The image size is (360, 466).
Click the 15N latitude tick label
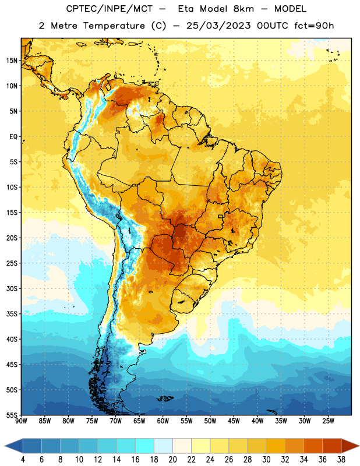pos(12,61)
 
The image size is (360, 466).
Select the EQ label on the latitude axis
pos(13,137)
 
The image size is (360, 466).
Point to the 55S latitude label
pos(12,415)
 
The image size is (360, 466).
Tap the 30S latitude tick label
pos(12,288)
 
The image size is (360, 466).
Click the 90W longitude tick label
pos(22,421)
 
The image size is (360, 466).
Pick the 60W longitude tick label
pos(163,421)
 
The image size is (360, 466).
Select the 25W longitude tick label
pos(328,421)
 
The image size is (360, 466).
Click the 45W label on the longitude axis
pos(234,421)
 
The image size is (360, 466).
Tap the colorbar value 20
pos(172,460)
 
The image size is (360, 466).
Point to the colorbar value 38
pos(341,460)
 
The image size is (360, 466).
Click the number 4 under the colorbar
pos(23,460)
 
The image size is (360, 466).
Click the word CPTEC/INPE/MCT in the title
pos(110,9)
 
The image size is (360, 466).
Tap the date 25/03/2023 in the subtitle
pos(218,26)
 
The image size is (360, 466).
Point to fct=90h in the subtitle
pos(314,26)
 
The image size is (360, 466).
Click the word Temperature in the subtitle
pos(114,26)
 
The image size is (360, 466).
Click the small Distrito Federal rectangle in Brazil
pos(221,216)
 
